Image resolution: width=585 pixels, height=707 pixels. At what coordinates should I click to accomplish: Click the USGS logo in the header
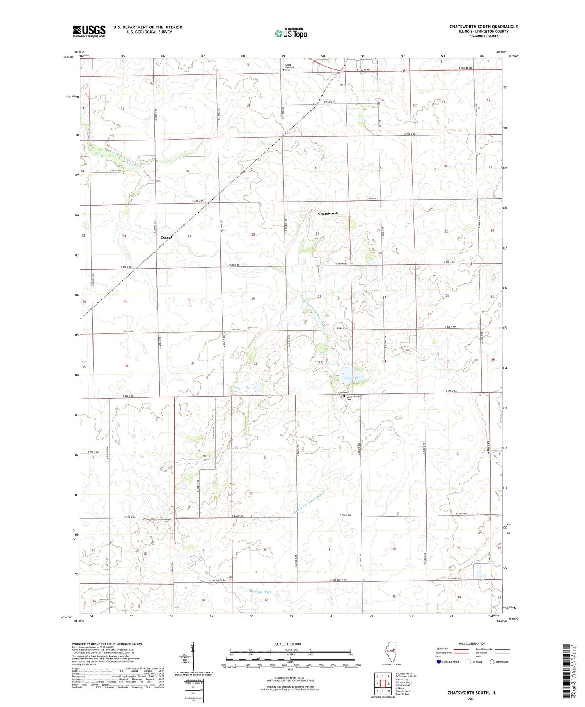click(x=89, y=31)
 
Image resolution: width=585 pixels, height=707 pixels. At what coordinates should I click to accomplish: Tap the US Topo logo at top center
click(x=291, y=33)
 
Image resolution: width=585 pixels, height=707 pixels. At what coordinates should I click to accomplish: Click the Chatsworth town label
click(x=328, y=214)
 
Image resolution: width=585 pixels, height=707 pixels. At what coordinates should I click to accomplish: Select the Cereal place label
click(x=167, y=237)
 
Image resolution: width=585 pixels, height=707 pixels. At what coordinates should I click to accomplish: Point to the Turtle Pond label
click(x=353, y=378)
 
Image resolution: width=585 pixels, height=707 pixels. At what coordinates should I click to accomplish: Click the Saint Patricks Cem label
click(x=291, y=67)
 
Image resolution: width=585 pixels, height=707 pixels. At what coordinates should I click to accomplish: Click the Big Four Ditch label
click(x=260, y=592)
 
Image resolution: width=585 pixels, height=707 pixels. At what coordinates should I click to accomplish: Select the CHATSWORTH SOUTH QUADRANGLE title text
click(x=484, y=27)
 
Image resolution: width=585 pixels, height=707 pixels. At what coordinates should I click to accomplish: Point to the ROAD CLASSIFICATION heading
click(x=472, y=643)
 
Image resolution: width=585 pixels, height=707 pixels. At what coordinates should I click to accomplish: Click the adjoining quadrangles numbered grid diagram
click(x=383, y=680)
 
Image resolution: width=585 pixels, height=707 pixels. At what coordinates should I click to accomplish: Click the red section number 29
click(x=253, y=299)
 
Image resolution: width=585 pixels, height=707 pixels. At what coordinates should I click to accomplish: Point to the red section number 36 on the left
click(x=127, y=366)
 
